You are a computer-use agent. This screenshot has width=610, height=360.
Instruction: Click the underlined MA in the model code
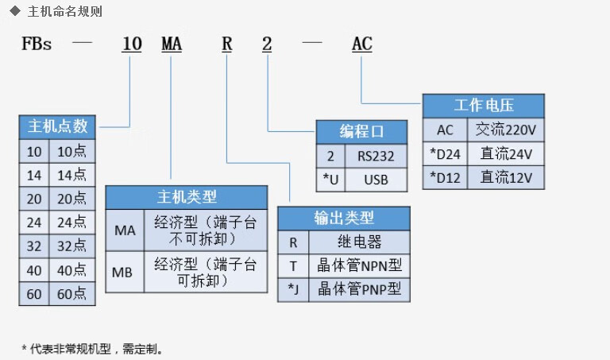point(172,45)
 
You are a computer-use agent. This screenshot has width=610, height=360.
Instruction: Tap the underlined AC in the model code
point(361,45)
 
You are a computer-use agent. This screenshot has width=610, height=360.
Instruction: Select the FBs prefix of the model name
point(37,45)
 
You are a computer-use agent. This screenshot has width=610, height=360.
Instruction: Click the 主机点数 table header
point(57,126)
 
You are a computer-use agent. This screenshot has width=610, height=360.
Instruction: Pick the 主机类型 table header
point(187,196)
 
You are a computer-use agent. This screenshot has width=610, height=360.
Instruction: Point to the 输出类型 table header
point(344,218)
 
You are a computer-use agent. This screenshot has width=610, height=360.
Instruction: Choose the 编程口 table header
point(361,131)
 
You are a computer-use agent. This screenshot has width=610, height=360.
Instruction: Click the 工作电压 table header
point(483,105)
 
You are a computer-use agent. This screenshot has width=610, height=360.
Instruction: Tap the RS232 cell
point(376,156)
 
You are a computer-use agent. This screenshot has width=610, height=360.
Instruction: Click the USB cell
point(376,179)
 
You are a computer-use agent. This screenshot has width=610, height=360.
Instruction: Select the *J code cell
point(293,288)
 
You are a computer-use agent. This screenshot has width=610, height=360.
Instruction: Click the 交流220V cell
point(505,129)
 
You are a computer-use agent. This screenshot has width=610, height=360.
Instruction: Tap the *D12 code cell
point(446,176)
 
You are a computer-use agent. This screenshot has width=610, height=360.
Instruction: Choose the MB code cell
point(124,272)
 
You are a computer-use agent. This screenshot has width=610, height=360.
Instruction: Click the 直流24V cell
point(505,153)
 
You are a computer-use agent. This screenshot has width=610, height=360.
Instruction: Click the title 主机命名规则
point(64,12)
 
